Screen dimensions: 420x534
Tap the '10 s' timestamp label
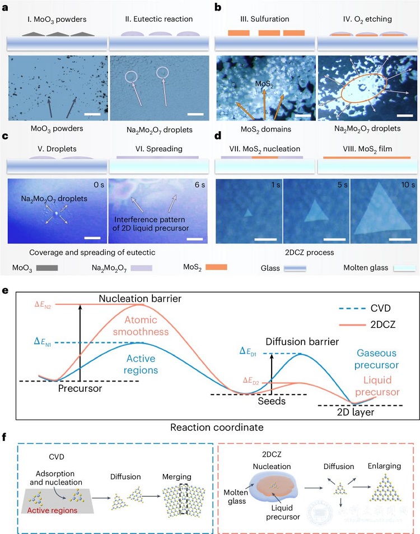point(408,184)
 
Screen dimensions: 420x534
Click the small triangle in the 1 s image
point(248,212)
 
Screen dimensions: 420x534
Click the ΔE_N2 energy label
point(43,305)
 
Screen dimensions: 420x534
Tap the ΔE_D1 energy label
point(248,351)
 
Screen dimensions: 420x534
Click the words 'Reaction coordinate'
point(217,428)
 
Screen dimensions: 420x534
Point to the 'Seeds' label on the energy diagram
point(272,401)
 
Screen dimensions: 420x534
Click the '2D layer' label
point(356,412)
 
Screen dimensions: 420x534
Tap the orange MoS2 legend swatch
point(216,267)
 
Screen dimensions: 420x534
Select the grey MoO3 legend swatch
point(47,268)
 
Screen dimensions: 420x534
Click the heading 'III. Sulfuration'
point(265,19)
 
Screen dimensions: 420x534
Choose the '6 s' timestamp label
point(200,184)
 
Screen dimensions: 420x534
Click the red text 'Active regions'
point(52,510)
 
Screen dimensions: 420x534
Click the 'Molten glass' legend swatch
point(404,268)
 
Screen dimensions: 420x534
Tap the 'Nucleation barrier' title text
point(140,299)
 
